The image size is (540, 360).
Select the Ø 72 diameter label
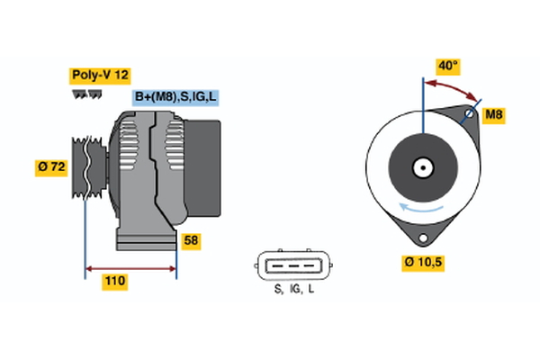click(x=51, y=166)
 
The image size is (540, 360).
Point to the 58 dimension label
click(x=191, y=241)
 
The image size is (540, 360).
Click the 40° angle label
click(x=448, y=67)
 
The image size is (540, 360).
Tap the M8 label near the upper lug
click(x=493, y=115)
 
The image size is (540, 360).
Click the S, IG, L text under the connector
click(x=293, y=289)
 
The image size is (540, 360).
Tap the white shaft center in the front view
click(x=421, y=167)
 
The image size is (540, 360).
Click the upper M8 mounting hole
click(x=469, y=114)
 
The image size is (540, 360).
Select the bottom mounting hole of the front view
click(x=422, y=236)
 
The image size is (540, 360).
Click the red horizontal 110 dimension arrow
click(x=130, y=267)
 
